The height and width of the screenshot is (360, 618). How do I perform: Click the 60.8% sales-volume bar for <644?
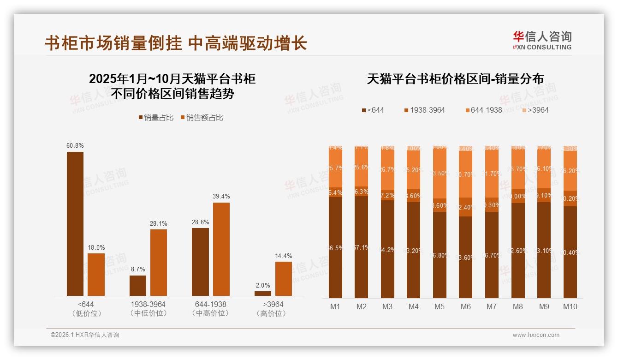pyautogui.click(x=75, y=224)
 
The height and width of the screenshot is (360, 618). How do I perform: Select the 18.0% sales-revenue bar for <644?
pyautogui.click(x=96, y=275)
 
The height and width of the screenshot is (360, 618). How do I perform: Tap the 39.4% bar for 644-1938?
pyautogui.click(x=221, y=249)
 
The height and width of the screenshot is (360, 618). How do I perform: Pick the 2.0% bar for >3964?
pyautogui.click(x=263, y=294)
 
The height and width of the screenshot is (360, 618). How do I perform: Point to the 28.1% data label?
pyautogui.click(x=158, y=224)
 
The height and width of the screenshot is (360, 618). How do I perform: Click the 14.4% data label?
pyautogui.click(x=284, y=256)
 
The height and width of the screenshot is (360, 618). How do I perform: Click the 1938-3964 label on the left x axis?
pyautogui.click(x=148, y=305)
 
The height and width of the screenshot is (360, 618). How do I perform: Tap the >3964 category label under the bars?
pyautogui.click(x=273, y=305)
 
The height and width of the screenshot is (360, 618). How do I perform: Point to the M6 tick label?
pyautogui.click(x=466, y=306)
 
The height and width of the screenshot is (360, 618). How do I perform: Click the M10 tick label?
pyautogui.click(x=570, y=306)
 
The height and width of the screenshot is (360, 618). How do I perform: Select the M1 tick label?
pyautogui.click(x=335, y=306)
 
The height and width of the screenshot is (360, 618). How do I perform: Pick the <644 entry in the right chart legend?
pyautogui.click(x=373, y=110)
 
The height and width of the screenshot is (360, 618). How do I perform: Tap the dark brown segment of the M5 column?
pyautogui.click(x=440, y=255)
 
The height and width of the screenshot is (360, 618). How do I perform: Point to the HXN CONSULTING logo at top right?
pyautogui.click(x=542, y=41)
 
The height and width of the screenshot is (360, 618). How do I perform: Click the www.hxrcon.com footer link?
pyautogui.click(x=536, y=335)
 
